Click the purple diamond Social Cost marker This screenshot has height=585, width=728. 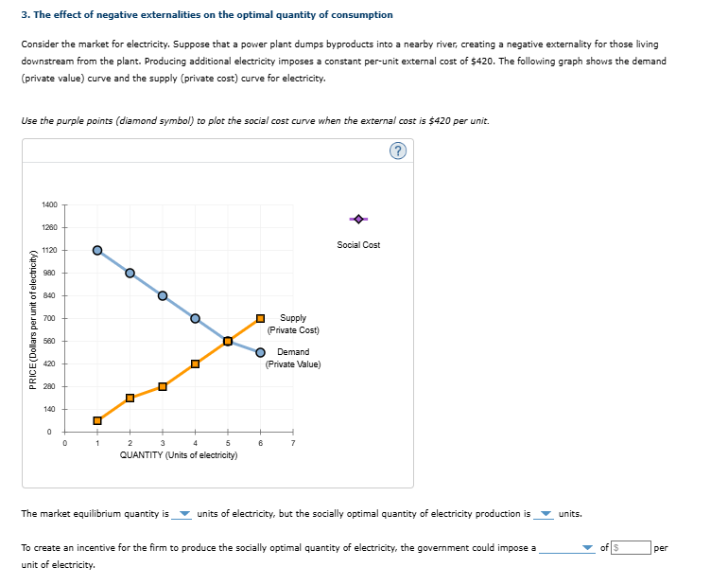(358, 220)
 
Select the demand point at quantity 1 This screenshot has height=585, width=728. (96, 250)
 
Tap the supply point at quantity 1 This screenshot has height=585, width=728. (96, 420)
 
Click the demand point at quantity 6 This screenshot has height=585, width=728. (261, 352)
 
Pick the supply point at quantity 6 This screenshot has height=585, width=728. (261, 318)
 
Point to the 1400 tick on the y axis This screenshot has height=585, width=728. (50, 204)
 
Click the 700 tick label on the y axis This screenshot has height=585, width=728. (50, 318)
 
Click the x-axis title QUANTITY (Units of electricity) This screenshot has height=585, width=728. (179, 455)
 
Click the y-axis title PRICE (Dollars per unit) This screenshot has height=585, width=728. (34, 319)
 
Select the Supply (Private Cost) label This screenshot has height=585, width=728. (293, 324)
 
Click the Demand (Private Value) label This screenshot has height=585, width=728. (293, 358)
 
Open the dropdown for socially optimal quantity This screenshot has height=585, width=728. (545, 515)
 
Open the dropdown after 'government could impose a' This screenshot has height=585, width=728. (569, 547)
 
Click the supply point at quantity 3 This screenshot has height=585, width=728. (163, 386)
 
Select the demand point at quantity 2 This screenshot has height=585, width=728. (130, 273)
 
